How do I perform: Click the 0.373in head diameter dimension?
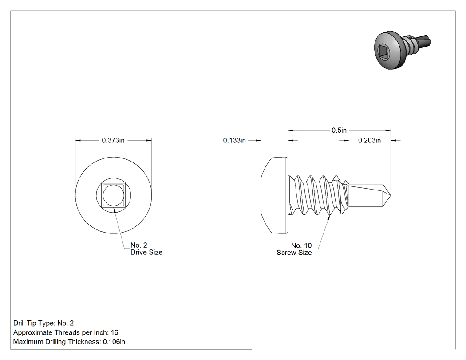113,140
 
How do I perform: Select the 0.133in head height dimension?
234,140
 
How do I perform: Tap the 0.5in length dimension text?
339,130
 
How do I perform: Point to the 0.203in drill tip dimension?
369,140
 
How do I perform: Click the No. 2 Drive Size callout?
146,249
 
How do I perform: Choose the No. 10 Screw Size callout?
294,249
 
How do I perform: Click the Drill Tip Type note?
43,323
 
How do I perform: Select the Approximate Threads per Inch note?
66,332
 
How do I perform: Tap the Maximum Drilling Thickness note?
69,342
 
